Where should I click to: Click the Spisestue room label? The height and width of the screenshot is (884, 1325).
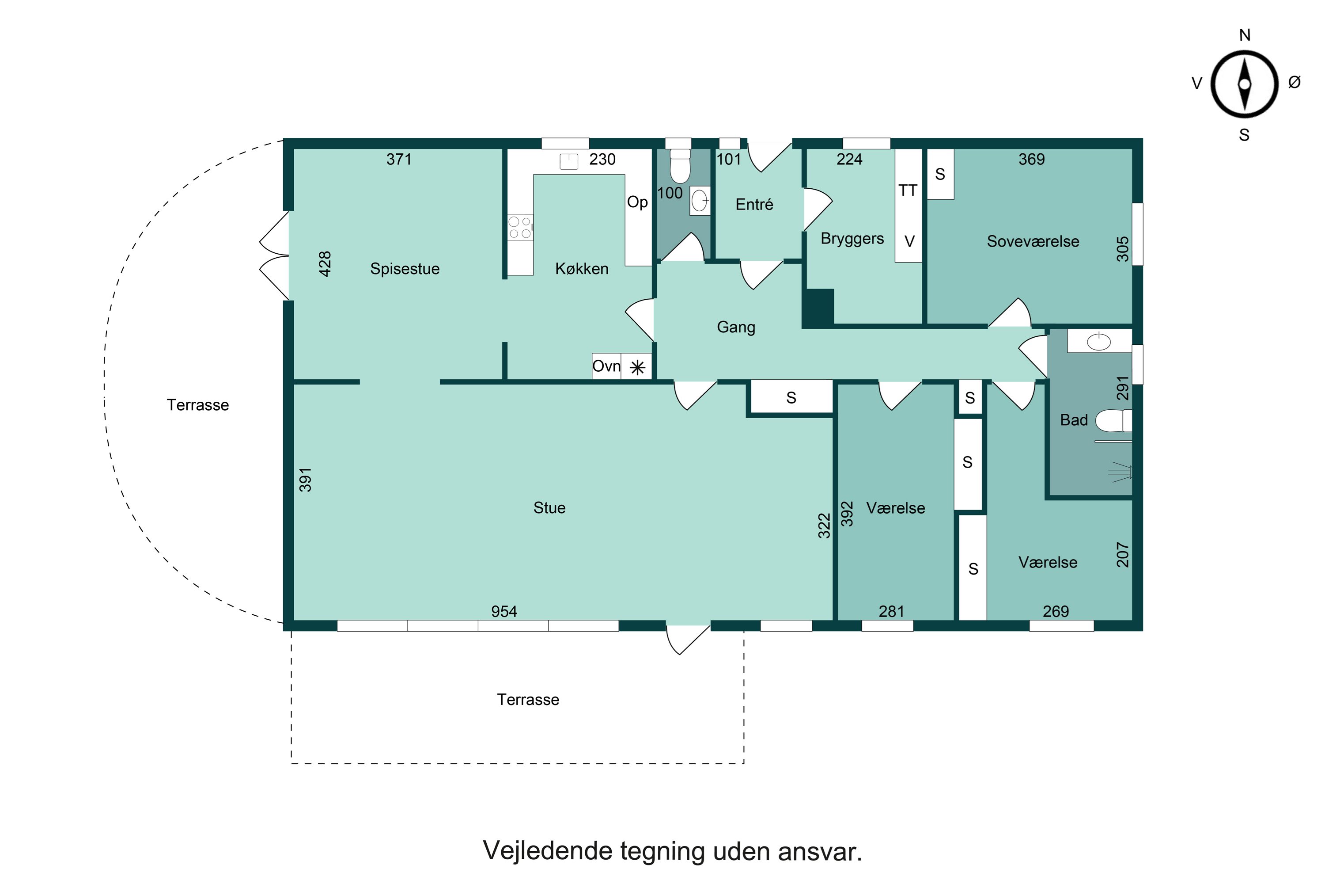[405, 269]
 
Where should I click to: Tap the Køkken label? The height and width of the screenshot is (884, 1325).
[581, 269]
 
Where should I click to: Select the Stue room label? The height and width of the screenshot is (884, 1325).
[549, 508]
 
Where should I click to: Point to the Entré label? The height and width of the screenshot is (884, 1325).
[754, 205]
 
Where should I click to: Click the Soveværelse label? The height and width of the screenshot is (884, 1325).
[1033, 242]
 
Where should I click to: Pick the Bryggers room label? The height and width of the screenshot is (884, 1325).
[852, 239]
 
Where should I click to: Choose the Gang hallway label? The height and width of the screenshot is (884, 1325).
[736, 328]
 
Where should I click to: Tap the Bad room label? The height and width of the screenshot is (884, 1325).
[1073, 420]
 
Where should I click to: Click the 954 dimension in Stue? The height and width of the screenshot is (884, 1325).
[503, 612]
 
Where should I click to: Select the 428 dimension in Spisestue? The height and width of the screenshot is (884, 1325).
[325, 264]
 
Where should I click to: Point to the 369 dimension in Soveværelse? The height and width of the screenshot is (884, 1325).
[1031, 160]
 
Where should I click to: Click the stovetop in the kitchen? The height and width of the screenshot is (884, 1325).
[520, 227]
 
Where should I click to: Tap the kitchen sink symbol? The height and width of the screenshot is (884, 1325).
[568, 162]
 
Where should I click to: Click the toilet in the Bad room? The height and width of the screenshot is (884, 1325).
[1113, 421]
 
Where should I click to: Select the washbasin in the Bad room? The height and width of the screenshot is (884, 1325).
[1098, 342]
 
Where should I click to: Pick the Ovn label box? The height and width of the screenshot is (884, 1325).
[606, 366]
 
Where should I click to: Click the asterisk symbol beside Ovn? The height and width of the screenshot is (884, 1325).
[637, 368]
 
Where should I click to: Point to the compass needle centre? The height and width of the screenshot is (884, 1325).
[1245, 84]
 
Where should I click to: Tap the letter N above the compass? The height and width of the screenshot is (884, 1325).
[1245, 35]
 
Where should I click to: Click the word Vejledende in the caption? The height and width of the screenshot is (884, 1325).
[546, 851]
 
